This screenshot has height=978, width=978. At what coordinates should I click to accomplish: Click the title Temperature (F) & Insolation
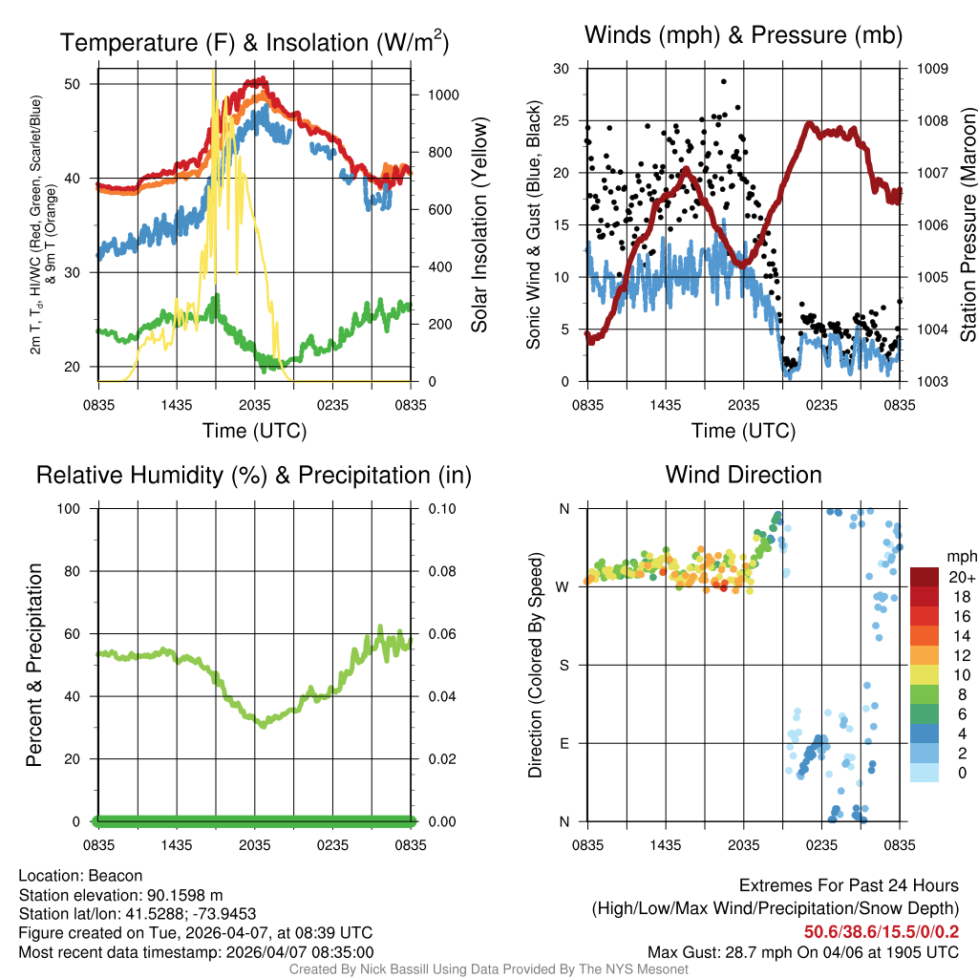pos(254,43)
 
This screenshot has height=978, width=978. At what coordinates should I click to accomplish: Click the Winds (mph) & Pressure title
pos(743,36)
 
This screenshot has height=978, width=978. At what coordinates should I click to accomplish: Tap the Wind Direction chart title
pos(743,475)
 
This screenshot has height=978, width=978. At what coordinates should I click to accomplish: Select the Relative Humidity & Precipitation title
pos(254,475)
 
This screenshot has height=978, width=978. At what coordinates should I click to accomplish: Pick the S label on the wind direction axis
pos(564,665)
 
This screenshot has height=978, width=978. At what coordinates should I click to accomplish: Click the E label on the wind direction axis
pos(564,743)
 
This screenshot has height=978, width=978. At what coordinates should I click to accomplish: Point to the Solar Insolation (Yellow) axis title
pos(479,225)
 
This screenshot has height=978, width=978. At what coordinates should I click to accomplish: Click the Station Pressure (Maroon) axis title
pos(967,225)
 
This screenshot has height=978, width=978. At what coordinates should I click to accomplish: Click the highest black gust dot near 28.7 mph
pos(724,82)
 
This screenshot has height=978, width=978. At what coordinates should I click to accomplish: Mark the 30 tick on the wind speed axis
pos(563,69)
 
